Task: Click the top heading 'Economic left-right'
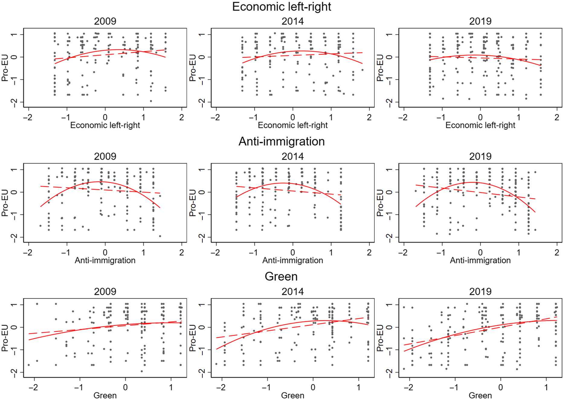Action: (282, 7)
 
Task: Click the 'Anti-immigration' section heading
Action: (282, 141)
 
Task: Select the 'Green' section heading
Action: (281, 276)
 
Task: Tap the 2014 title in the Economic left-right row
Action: (292, 21)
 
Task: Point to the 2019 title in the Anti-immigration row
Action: (480, 156)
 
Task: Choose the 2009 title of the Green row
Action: (105, 291)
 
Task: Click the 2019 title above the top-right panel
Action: (480, 21)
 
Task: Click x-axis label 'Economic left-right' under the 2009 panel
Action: (105, 125)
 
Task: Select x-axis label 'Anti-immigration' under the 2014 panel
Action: (292, 260)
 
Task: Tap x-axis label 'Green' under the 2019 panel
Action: (480, 395)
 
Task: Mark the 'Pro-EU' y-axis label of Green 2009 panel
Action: (5, 338)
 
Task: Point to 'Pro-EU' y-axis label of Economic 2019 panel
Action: (380, 68)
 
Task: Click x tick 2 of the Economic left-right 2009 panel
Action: (182, 117)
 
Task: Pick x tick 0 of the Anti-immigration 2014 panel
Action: (292, 252)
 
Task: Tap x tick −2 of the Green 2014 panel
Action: (221, 387)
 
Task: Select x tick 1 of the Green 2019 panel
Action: (546, 387)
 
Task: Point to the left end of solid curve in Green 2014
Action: (217, 349)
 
